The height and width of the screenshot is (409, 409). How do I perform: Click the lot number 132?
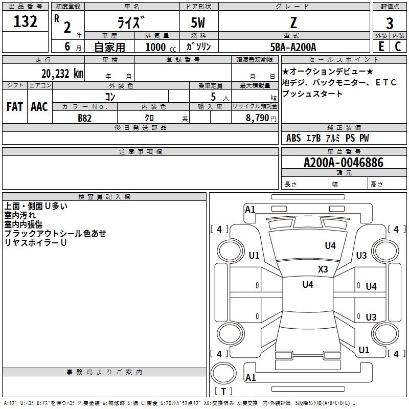26,21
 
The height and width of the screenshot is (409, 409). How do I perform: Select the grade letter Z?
293,22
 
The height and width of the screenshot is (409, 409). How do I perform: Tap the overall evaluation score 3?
390,24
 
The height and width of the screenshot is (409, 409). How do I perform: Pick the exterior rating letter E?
381,47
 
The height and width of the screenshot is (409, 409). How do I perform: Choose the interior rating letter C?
398,47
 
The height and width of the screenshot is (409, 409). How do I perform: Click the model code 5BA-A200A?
293,47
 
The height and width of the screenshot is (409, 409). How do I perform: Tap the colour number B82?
85,117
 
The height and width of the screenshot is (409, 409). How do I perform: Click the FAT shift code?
14,107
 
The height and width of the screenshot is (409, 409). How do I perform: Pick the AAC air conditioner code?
39,107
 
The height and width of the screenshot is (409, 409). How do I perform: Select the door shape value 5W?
198,22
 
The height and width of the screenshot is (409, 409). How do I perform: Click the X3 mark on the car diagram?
323,269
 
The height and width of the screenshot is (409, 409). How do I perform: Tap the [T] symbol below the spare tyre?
223,391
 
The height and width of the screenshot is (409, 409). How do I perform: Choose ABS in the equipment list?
293,138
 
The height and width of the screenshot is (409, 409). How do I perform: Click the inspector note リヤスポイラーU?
36,242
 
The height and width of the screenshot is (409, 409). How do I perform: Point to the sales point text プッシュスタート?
312,94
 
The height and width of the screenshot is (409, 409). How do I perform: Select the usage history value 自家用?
109,47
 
